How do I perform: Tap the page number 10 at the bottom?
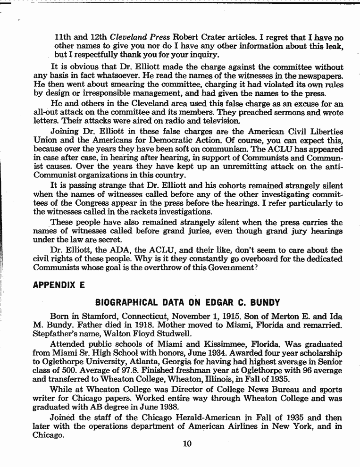[187, 443]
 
